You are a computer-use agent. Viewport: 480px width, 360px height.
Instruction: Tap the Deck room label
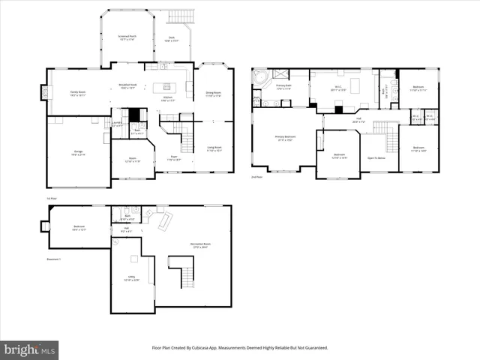click(171, 39)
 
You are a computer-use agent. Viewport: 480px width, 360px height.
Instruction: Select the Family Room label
click(79, 93)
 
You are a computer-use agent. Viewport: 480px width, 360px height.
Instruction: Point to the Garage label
click(78, 154)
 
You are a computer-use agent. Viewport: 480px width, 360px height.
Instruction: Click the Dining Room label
click(214, 94)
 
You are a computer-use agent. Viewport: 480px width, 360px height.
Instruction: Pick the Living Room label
click(214, 148)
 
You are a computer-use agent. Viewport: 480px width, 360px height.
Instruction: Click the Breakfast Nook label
click(127, 86)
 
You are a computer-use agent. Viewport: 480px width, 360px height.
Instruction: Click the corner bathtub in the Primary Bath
click(262, 78)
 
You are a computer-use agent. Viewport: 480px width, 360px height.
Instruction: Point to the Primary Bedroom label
click(285, 138)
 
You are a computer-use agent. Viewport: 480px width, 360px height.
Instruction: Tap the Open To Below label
click(376, 158)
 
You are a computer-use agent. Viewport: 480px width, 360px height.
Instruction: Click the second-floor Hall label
click(359, 119)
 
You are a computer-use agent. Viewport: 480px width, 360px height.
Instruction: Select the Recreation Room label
click(200, 247)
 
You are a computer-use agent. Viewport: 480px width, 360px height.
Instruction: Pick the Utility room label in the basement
click(130, 281)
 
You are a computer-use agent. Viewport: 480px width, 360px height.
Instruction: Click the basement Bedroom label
click(79, 228)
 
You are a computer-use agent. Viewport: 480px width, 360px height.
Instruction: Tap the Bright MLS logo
click(30, 349)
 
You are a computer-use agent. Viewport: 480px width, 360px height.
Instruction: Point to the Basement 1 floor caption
click(53, 259)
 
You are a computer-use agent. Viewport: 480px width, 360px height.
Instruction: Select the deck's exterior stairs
click(181, 17)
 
